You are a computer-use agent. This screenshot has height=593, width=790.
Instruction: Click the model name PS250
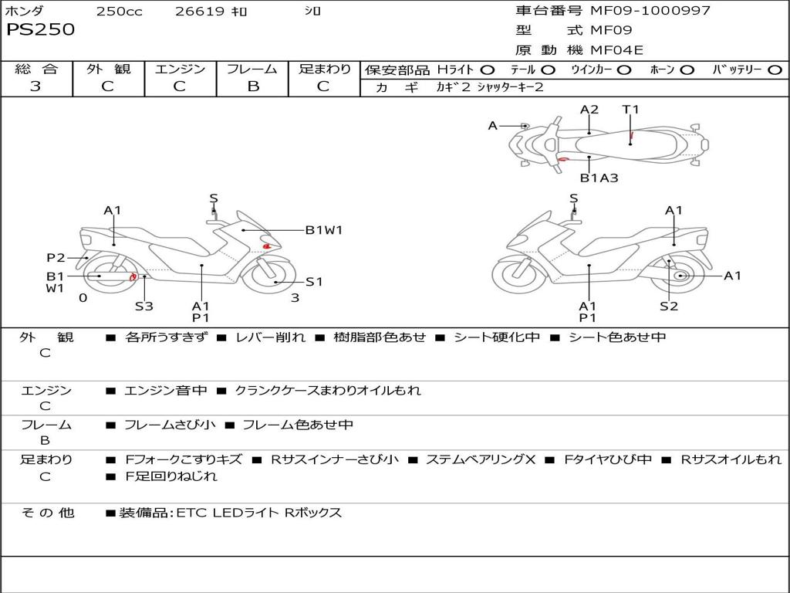coord(40,29)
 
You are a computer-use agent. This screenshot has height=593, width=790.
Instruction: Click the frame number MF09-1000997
coord(650,10)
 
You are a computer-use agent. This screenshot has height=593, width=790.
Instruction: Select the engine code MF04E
coord(616,50)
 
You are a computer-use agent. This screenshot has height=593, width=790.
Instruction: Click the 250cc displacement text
coord(120,11)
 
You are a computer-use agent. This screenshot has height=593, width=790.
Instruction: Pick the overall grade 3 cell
coord(35,86)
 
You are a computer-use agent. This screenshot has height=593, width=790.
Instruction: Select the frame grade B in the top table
coord(253,86)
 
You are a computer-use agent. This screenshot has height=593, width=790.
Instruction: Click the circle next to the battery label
coord(775,70)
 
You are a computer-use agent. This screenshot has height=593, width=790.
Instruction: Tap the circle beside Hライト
coord(487,70)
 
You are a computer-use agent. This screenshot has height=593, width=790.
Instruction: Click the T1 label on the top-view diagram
coord(630,110)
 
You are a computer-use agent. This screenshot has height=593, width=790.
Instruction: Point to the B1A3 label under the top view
coord(599,178)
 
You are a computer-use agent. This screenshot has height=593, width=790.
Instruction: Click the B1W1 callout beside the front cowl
coord(324,230)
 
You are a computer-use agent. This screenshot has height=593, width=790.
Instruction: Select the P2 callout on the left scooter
coord(56,258)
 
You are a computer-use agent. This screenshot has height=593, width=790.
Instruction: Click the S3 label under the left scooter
coord(143,306)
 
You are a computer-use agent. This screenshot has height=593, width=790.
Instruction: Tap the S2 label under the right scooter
coord(669,306)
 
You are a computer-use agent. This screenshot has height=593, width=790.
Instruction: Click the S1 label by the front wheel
coord(314,282)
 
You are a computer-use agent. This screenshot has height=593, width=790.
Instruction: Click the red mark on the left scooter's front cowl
coord(267,246)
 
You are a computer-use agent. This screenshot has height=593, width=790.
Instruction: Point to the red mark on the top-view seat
coord(632,134)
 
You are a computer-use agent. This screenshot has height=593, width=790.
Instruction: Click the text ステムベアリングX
coord(481,459)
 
